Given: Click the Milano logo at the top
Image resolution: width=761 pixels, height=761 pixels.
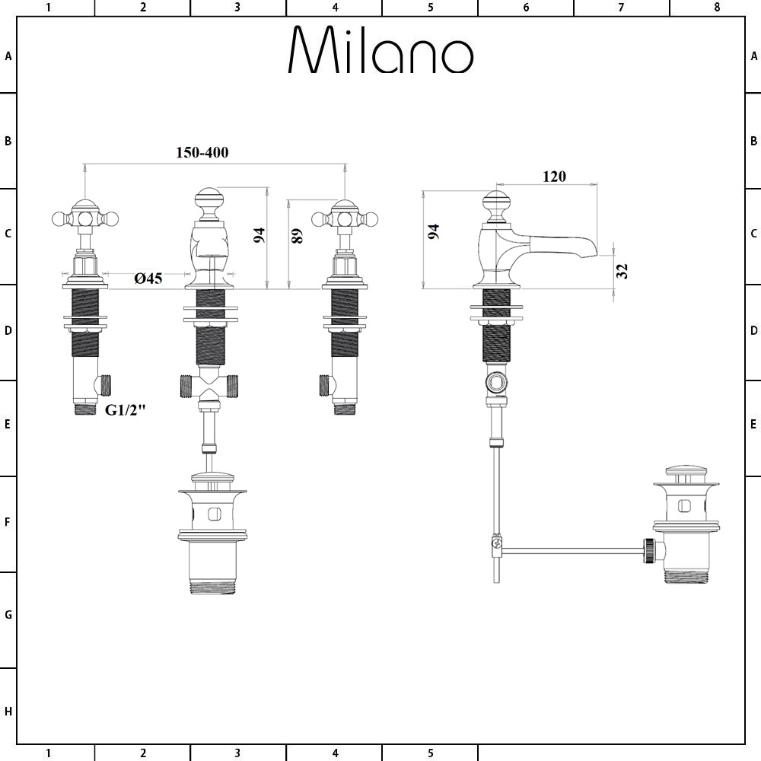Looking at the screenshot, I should coord(380,51).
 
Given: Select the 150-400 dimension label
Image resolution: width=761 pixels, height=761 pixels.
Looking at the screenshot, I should coord(202,152).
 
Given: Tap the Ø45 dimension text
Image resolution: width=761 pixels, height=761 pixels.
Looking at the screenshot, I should coord(148,279).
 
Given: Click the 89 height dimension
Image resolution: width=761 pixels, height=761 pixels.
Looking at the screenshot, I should coord(298,235).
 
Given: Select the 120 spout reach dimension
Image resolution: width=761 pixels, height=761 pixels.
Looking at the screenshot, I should coord(554,177).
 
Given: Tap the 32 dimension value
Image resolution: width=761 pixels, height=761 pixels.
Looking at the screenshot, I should coord(622,270).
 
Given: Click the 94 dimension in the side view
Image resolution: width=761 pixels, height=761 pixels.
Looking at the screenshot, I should coord(434,232).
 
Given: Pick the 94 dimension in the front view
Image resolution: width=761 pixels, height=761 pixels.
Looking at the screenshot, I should coord(260,235).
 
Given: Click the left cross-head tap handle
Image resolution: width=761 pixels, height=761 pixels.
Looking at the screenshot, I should coord(84,217).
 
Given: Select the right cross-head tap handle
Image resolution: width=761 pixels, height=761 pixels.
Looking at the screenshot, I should coord(345,217).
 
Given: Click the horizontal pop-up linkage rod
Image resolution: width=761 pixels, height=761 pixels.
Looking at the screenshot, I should coord(571,549).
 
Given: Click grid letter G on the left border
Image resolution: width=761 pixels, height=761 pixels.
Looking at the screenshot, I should coord(8,615).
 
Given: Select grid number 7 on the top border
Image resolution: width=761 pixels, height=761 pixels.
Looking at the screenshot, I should coord(621,8).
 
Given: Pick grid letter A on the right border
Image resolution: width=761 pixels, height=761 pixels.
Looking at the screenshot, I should coord(753,56).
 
